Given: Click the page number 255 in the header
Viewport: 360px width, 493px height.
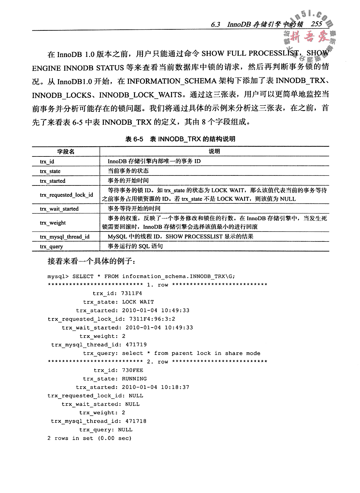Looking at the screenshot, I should point(316,24).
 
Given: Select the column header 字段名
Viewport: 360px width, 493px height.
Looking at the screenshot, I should point(66,151).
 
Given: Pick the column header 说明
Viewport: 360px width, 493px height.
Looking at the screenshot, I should point(214,151).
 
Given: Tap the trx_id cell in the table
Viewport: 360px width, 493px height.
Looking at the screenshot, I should point(47,161).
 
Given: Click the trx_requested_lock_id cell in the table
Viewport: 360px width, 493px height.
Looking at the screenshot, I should point(66,195).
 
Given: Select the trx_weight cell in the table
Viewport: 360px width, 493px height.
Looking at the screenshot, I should point(53,223).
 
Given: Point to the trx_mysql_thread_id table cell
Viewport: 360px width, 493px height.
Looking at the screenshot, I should point(65,237).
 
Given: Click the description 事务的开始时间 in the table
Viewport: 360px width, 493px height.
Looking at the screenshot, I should point(128,181).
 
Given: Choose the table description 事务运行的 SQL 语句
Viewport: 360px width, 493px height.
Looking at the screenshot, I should point(135,246).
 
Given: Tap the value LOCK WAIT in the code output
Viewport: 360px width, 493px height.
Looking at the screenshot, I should point(138,302).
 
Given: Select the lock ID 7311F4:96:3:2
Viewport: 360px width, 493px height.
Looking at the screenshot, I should point(152,319).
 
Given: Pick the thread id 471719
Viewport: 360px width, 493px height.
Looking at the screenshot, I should point(136,345).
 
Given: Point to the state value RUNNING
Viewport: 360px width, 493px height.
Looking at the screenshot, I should point(134,379).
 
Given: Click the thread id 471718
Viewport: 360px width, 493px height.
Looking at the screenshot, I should point(136,421).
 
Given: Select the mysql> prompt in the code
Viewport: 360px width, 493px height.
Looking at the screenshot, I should point(58,276).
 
